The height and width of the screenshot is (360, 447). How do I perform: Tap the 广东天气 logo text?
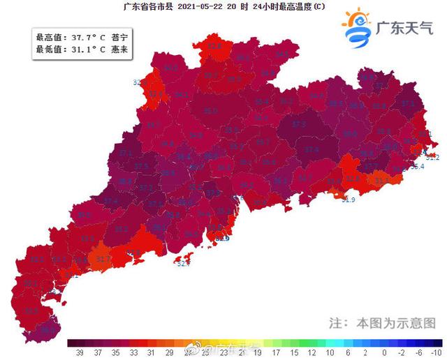coord(405,29)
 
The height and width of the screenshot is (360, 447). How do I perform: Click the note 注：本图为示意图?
coord(382,324)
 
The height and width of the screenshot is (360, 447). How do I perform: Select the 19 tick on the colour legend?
coord(258,351)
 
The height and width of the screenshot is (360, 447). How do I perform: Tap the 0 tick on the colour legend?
coord(383,351)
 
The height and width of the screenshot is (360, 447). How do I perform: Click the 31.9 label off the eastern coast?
coord(349,200)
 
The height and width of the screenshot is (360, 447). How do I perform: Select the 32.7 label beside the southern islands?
coord(183,264)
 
